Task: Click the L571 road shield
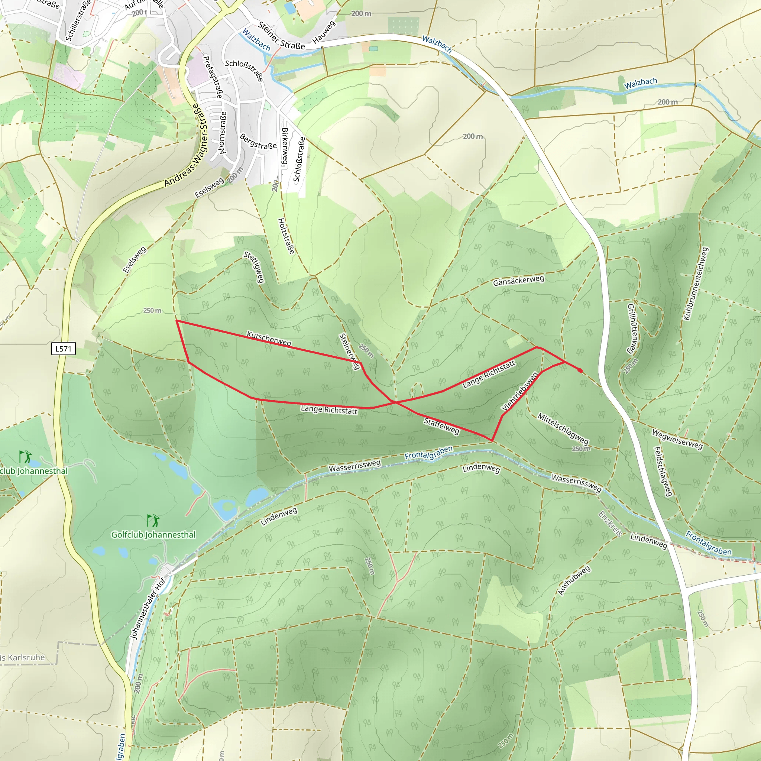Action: click(x=64, y=349)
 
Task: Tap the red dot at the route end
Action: click(x=580, y=370)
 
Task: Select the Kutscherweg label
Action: click(x=269, y=339)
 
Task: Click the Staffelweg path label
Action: click(x=441, y=427)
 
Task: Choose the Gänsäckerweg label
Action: click(x=518, y=281)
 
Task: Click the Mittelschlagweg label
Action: click(x=563, y=428)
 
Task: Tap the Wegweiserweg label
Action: click(x=677, y=440)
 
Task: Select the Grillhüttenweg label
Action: click(x=632, y=329)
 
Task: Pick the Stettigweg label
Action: click(x=255, y=267)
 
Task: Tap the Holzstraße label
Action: click(x=286, y=236)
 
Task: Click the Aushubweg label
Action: click(x=574, y=580)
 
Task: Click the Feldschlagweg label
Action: click(x=663, y=472)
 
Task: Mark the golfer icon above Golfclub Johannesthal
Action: click(x=153, y=521)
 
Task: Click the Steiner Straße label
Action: click(x=281, y=36)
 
